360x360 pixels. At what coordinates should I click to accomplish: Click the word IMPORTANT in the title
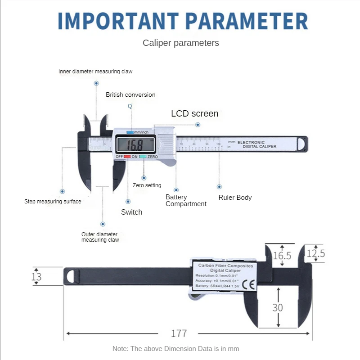click(x=118, y=21)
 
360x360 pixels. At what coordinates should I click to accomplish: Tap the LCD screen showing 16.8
click(x=136, y=144)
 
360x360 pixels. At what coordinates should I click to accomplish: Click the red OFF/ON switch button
click(x=127, y=157)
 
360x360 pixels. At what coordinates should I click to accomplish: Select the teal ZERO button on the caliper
click(x=143, y=157)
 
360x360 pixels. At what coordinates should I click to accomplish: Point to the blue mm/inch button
click(x=130, y=132)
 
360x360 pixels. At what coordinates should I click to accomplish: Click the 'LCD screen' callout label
click(x=195, y=114)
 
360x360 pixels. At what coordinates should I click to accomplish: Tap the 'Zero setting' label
click(x=147, y=185)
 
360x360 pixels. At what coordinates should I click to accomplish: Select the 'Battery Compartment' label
click(x=186, y=200)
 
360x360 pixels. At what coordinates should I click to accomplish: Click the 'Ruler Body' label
click(x=235, y=198)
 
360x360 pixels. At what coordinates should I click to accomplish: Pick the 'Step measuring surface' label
click(x=53, y=202)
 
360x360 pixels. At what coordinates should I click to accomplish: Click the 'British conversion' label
click(x=130, y=95)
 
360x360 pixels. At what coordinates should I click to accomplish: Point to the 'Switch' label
click(x=131, y=212)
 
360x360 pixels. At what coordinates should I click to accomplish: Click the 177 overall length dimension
click(x=179, y=333)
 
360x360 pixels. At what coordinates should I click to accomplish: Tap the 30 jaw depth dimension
click(x=278, y=308)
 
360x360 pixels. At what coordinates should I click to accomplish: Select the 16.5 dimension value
click(x=282, y=256)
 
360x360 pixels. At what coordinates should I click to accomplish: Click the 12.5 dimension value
click(x=316, y=253)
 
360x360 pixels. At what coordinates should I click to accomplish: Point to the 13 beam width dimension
click(x=36, y=277)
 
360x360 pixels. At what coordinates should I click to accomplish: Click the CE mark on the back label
click(x=249, y=285)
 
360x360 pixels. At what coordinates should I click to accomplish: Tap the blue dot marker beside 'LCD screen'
click(x=198, y=125)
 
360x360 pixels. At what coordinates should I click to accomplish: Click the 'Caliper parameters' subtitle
click(x=181, y=43)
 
